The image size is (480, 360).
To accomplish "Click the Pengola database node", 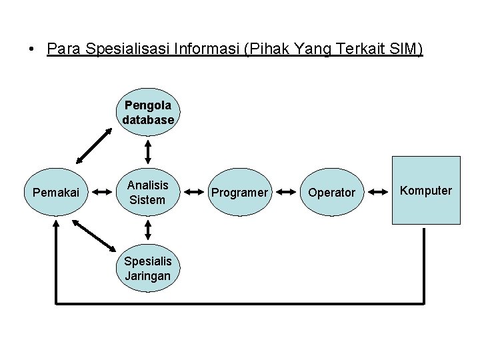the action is [x=148, y=113].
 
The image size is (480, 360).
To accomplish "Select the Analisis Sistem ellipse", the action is [x=148, y=192].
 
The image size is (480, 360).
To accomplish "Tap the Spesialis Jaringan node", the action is [x=147, y=268].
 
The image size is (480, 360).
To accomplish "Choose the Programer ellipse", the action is [x=239, y=193].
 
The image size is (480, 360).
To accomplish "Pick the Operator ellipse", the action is [x=331, y=193].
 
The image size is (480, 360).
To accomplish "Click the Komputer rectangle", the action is [x=426, y=191].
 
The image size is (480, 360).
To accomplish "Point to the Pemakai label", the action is [x=56, y=193].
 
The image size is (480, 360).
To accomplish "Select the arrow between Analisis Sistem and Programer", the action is [x=193, y=193].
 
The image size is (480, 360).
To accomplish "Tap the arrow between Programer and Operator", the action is [x=285, y=193].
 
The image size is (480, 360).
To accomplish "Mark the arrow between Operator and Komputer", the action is [x=378, y=193].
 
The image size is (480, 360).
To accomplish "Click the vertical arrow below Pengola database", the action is [x=148, y=151].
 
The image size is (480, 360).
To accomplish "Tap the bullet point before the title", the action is [x=31, y=51].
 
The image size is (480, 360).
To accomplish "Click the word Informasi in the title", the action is [x=203, y=50].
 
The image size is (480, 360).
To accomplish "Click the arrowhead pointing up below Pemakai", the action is [x=56, y=226].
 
